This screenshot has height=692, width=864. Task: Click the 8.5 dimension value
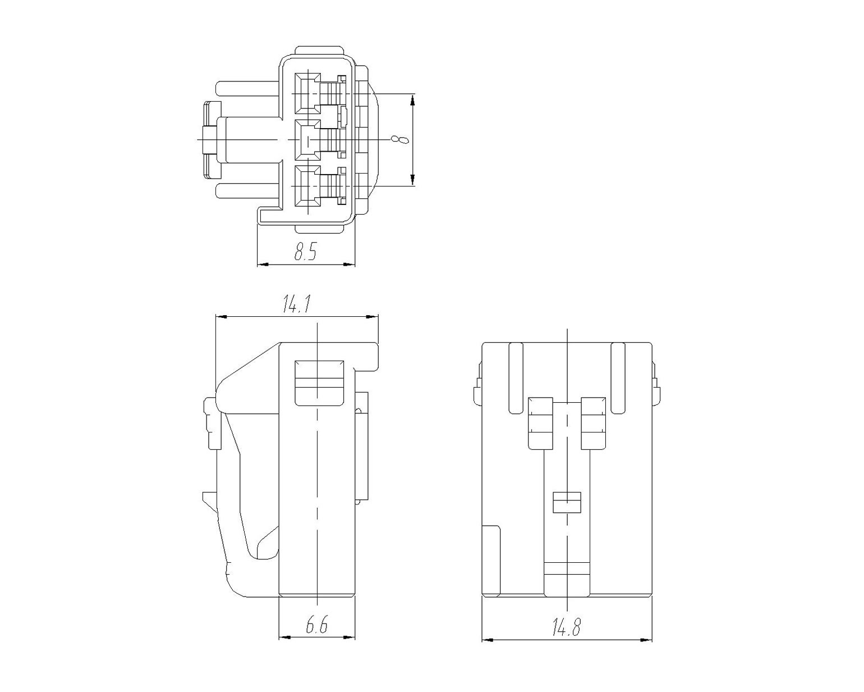[306, 251]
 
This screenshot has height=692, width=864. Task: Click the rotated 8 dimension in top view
[400, 140]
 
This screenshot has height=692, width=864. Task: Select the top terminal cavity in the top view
[308, 93]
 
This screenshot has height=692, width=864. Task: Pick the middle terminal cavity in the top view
[308, 140]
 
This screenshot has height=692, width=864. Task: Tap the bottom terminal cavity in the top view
[308, 186]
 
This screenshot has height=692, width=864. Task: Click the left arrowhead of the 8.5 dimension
[262, 265]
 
